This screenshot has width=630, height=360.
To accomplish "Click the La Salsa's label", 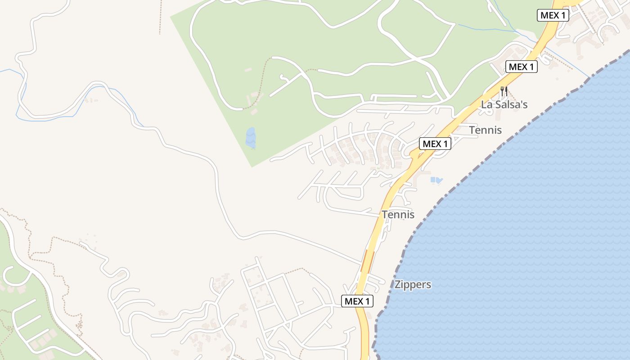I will click(x=504, y=104).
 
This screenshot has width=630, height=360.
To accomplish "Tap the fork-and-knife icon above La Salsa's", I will click(x=504, y=91).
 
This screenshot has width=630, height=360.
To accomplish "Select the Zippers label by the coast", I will click(x=413, y=284).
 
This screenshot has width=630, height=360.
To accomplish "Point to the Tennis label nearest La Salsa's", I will click(x=485, y=130).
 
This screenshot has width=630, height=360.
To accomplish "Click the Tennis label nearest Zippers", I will click(x=398, y=215).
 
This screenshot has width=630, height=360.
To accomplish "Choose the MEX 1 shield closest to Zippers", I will click(x=357, y=301).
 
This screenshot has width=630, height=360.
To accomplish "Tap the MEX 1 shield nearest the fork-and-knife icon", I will click(x=522, y=67).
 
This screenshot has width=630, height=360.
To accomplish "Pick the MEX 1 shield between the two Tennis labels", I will click(x=435, y=144).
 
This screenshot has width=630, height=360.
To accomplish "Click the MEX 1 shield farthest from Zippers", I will click(x=553, y=15).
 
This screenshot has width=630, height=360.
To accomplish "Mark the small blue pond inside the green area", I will click(x=250, y=137).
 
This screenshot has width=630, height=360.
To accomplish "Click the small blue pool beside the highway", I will click(x=436, y=180).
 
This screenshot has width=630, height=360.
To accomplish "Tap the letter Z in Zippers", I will click(x=397, y=284).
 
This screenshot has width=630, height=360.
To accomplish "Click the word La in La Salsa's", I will click(x=486, y=104).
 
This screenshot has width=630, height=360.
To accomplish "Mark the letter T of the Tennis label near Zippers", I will click(x=385, y=215).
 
